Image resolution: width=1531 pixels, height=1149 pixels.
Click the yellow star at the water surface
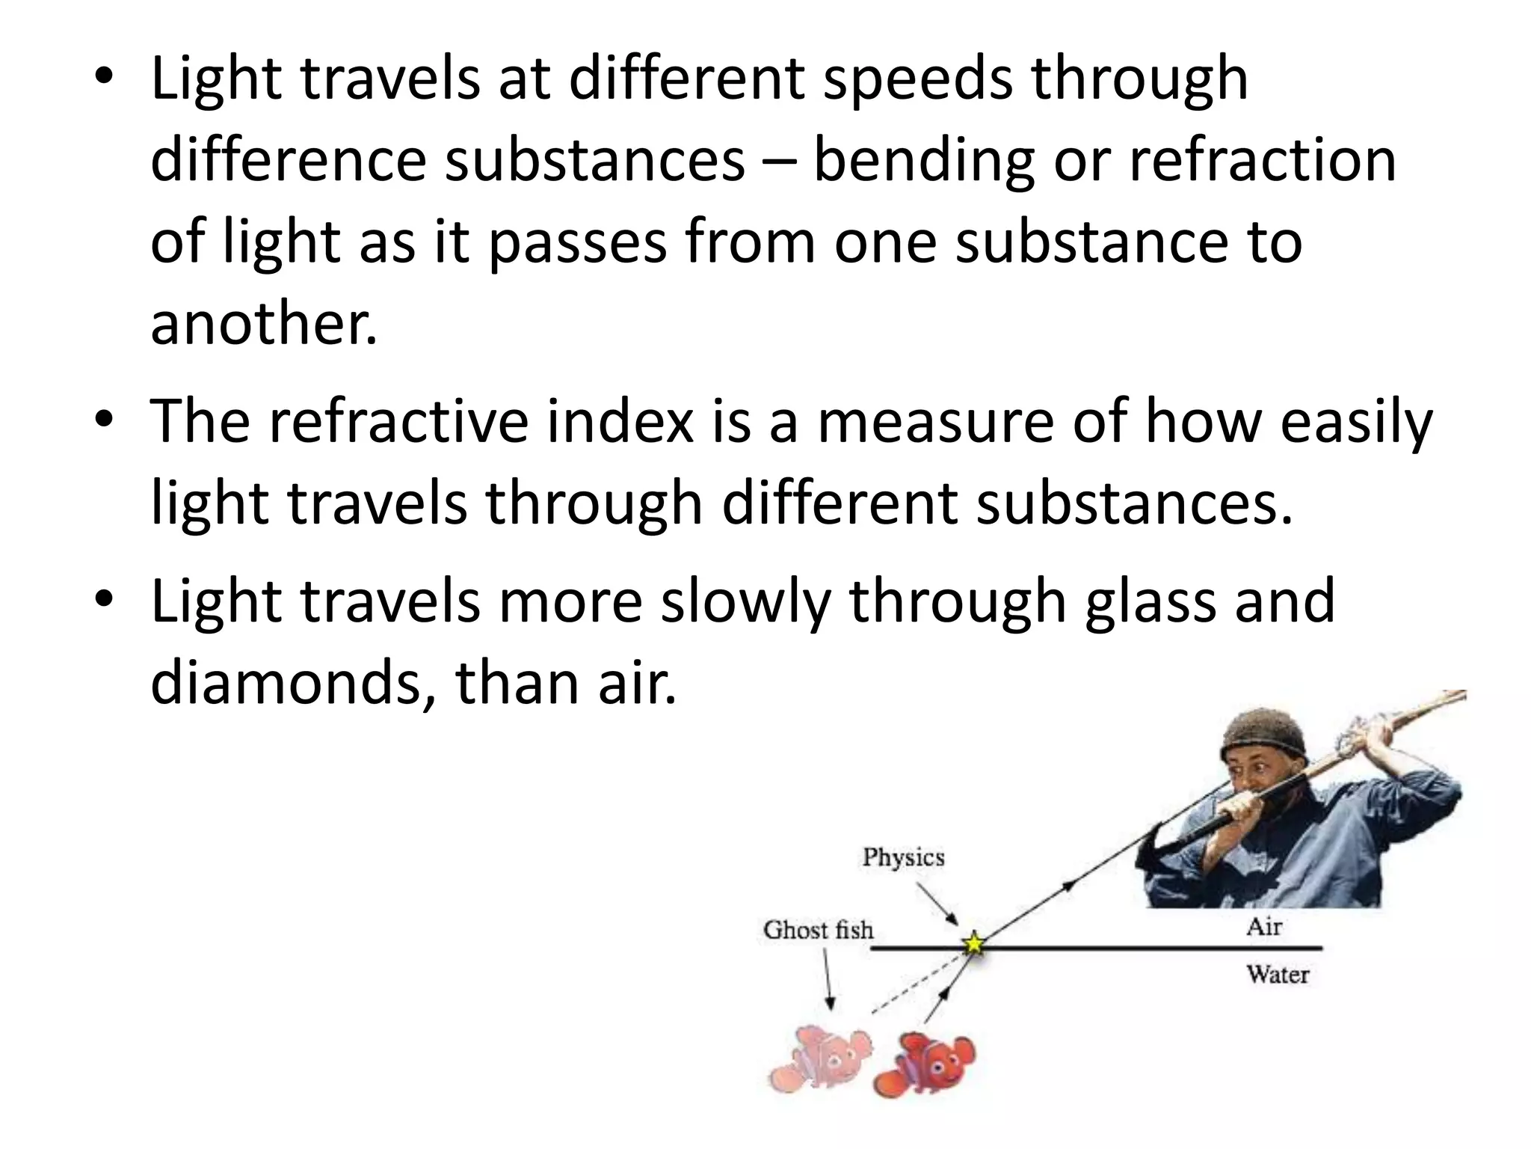(973, 944)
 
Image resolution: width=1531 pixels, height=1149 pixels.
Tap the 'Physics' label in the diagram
(903, 857)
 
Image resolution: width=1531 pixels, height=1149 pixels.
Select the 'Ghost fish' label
(818, 930)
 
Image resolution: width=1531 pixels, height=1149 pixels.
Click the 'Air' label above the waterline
(1263, 927)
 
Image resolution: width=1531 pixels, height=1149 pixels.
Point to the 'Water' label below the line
(1277, 975)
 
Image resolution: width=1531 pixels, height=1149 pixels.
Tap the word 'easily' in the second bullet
(1356, 422)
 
